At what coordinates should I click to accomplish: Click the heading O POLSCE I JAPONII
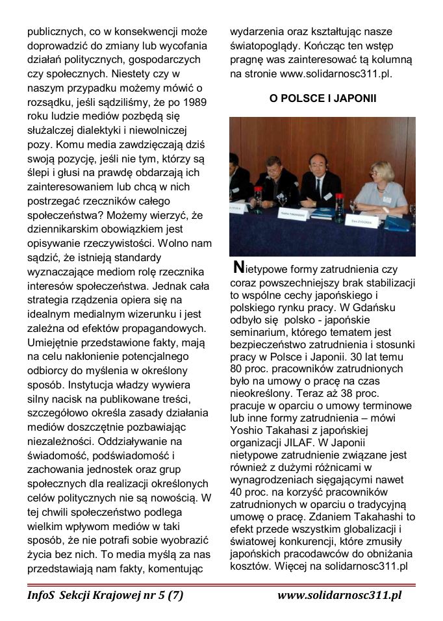click(323, 98)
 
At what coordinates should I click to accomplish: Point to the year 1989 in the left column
click(196, 102)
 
